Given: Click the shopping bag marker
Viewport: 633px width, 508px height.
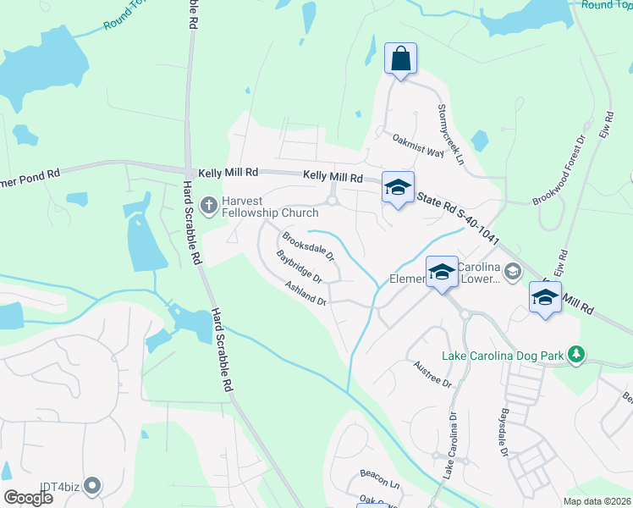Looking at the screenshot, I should (x=401, y=59).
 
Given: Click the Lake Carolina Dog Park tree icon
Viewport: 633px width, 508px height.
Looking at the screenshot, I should (x=576, y=353).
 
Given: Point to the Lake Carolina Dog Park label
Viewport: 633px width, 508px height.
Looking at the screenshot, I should (x=502, y=356).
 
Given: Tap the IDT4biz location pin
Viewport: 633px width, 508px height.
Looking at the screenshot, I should (x=92, y=486).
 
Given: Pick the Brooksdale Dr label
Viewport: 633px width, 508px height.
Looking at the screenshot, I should (x=309, y=246).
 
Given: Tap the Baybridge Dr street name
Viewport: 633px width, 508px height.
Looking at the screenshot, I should (x=300, y=266).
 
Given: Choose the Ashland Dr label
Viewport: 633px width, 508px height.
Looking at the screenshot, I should (x=305, y=294).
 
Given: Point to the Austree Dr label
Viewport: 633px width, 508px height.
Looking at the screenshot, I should (x=434, y=373).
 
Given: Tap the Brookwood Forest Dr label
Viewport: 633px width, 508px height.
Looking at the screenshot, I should (x=559, y=170).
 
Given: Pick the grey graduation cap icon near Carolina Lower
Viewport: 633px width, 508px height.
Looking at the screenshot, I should (x=511, y=270).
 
